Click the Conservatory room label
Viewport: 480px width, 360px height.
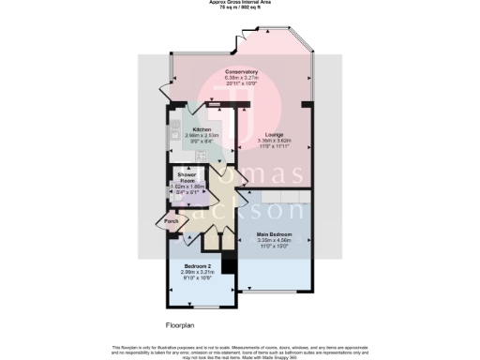coord(241,71)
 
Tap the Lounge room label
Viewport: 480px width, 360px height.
coord(276,135)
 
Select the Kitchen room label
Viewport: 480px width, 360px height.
coord(202,129)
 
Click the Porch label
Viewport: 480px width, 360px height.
coord(172,221)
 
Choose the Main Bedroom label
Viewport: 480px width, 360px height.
coord(276,233)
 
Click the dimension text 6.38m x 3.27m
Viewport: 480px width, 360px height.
coord(241,78)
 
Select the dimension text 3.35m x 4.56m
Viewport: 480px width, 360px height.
coord(276,240)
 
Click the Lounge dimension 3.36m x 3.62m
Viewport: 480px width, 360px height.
coord(276,142)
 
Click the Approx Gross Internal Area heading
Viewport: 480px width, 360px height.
coord(240,2)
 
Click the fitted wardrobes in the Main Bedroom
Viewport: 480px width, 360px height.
coord(276,198)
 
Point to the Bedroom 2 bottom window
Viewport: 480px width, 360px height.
coord(204,307)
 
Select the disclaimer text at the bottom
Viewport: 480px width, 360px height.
coord(240,350)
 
